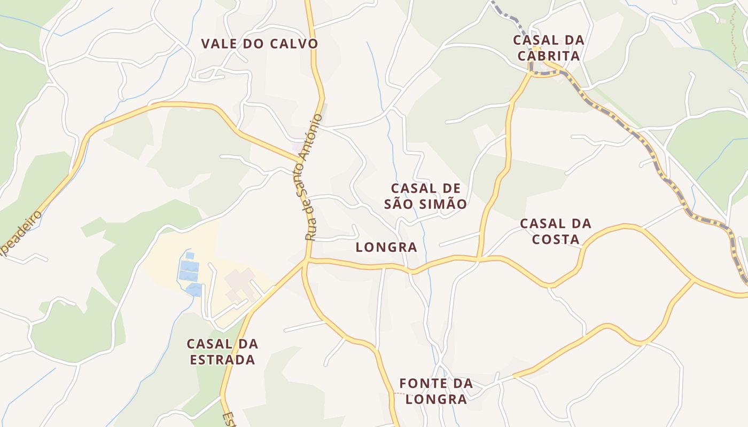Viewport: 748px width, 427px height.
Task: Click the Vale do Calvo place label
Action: (259, 44)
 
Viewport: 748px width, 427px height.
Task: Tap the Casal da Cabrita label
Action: (548, 48)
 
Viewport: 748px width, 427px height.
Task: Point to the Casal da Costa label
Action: (556, 231)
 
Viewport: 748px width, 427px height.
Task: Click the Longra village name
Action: (386, 247)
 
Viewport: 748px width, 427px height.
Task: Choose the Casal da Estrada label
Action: (222, 351)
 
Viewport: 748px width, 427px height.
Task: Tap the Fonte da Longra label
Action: (436, 391)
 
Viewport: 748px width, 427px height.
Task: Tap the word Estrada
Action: (222, 359)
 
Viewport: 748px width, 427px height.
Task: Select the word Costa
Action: (556, 239)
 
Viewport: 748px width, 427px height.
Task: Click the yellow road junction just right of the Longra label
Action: (478, 259)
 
